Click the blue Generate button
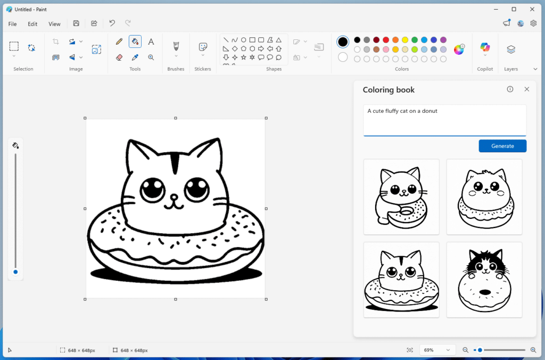[502, 146]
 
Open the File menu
[12, 24]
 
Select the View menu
[54, 24]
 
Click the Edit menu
[32, 24]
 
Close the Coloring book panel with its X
[527, 89]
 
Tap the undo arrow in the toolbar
[112, 23]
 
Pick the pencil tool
[119, 42]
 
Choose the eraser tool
[119, 57]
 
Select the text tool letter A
[151, 42]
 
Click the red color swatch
[386, 40]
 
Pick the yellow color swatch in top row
[405, 40]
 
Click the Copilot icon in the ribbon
[485, 48]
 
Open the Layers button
[511, 50]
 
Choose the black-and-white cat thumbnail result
[484, 280]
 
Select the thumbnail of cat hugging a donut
[401, 197]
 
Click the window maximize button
[514, 9]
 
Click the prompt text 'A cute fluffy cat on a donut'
[402, 111]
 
